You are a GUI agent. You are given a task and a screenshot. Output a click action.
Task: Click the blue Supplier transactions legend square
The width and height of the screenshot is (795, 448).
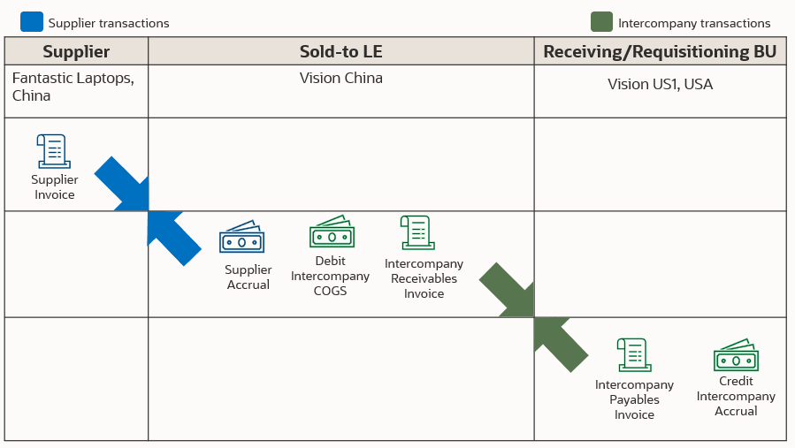[31, 21]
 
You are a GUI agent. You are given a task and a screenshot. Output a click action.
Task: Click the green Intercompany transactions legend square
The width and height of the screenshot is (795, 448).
[601, 21]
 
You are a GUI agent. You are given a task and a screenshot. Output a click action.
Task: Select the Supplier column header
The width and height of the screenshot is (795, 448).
[76, 52]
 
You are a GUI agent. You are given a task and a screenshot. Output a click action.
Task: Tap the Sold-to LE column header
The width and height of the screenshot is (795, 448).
[340, 52]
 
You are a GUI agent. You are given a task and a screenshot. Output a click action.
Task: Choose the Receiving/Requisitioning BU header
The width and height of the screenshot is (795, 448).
[660, 52]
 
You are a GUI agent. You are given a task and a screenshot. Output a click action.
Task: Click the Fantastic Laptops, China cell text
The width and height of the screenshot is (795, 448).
[73, 87]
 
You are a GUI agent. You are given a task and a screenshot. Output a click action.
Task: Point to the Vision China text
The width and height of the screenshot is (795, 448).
[340, 78]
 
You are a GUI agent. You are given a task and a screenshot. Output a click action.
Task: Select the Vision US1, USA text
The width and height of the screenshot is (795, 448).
[660, 85]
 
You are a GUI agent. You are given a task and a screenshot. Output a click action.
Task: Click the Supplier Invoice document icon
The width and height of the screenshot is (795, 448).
[53, 151]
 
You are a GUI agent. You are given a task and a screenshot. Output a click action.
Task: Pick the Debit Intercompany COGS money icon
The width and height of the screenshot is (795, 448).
[332, 232]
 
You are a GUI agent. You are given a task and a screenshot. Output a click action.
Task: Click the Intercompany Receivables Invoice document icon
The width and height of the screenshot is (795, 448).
[414, 233]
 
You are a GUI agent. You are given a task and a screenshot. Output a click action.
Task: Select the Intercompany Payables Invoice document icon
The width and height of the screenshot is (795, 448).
[633, 355]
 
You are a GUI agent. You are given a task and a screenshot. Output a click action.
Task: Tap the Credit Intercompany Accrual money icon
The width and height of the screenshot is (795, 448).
[736, 355]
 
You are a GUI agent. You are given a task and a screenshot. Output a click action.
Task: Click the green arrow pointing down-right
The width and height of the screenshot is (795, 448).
[507, 290]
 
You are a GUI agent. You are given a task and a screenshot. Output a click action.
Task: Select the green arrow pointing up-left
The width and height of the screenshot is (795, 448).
[561, 344]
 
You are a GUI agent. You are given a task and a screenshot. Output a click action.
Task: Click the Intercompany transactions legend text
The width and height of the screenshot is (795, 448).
[694, 24]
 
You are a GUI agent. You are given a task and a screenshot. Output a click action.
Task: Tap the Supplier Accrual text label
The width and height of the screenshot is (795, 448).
[248, 277]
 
